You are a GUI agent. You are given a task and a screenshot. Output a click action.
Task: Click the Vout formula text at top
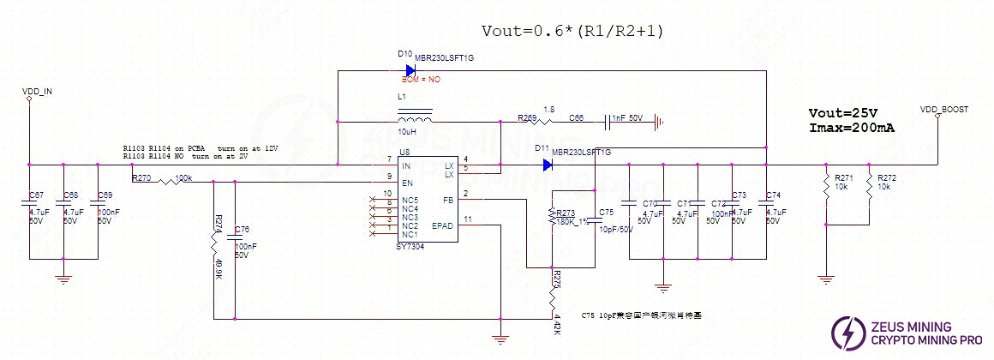[x=572, y=31]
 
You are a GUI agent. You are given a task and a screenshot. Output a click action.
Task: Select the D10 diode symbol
[x=410, y=69]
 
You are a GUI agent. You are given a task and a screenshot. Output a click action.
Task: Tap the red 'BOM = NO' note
[x=422, y=80]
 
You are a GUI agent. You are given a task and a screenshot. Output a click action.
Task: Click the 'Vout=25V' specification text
[x=843, y=113]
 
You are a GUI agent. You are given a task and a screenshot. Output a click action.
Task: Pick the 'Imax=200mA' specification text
[x=852, y=128]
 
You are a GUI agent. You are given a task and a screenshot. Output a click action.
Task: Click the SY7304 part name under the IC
[x=410, y=245]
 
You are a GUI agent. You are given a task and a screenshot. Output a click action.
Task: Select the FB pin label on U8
[x=447, y=200]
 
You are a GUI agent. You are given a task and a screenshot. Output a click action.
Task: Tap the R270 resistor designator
[x=141, y=178]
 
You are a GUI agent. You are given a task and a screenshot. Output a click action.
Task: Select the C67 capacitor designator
[x=36, y=196]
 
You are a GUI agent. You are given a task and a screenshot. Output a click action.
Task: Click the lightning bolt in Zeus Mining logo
[x=849, y=333]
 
